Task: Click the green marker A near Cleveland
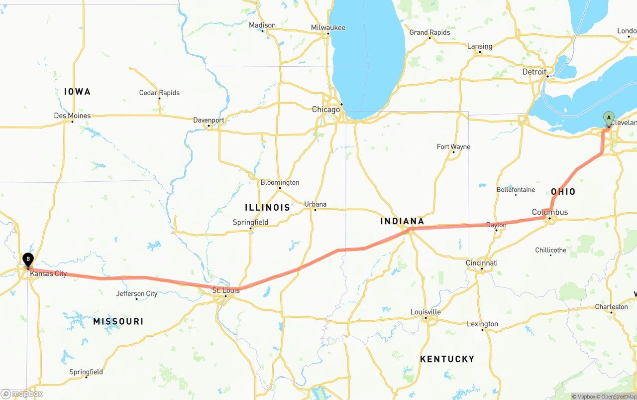[x=608, y=118]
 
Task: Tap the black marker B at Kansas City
[x=28, y=259]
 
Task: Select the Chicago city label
[x=326, y=110]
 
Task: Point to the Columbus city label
[x=549, y=212]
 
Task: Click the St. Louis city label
[x=226, y=290]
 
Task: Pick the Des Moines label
[x=72, y=116]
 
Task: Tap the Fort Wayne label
[x=453, y=146]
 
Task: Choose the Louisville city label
[x=425, y=312]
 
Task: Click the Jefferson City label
[x=137, y=293]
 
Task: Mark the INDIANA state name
[x=402, y=221]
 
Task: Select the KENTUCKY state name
[x=447, y=359]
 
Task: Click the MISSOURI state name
[x=118, y=322]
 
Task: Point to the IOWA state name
[x=77, y=92]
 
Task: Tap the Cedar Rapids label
[x=159, y=93]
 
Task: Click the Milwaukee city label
[x=328, y=27]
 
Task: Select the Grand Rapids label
[x=429, y=32]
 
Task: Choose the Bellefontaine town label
[x=516, y=190]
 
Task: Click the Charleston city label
[x=611, y=307]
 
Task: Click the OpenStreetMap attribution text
[x=617, y=397]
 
